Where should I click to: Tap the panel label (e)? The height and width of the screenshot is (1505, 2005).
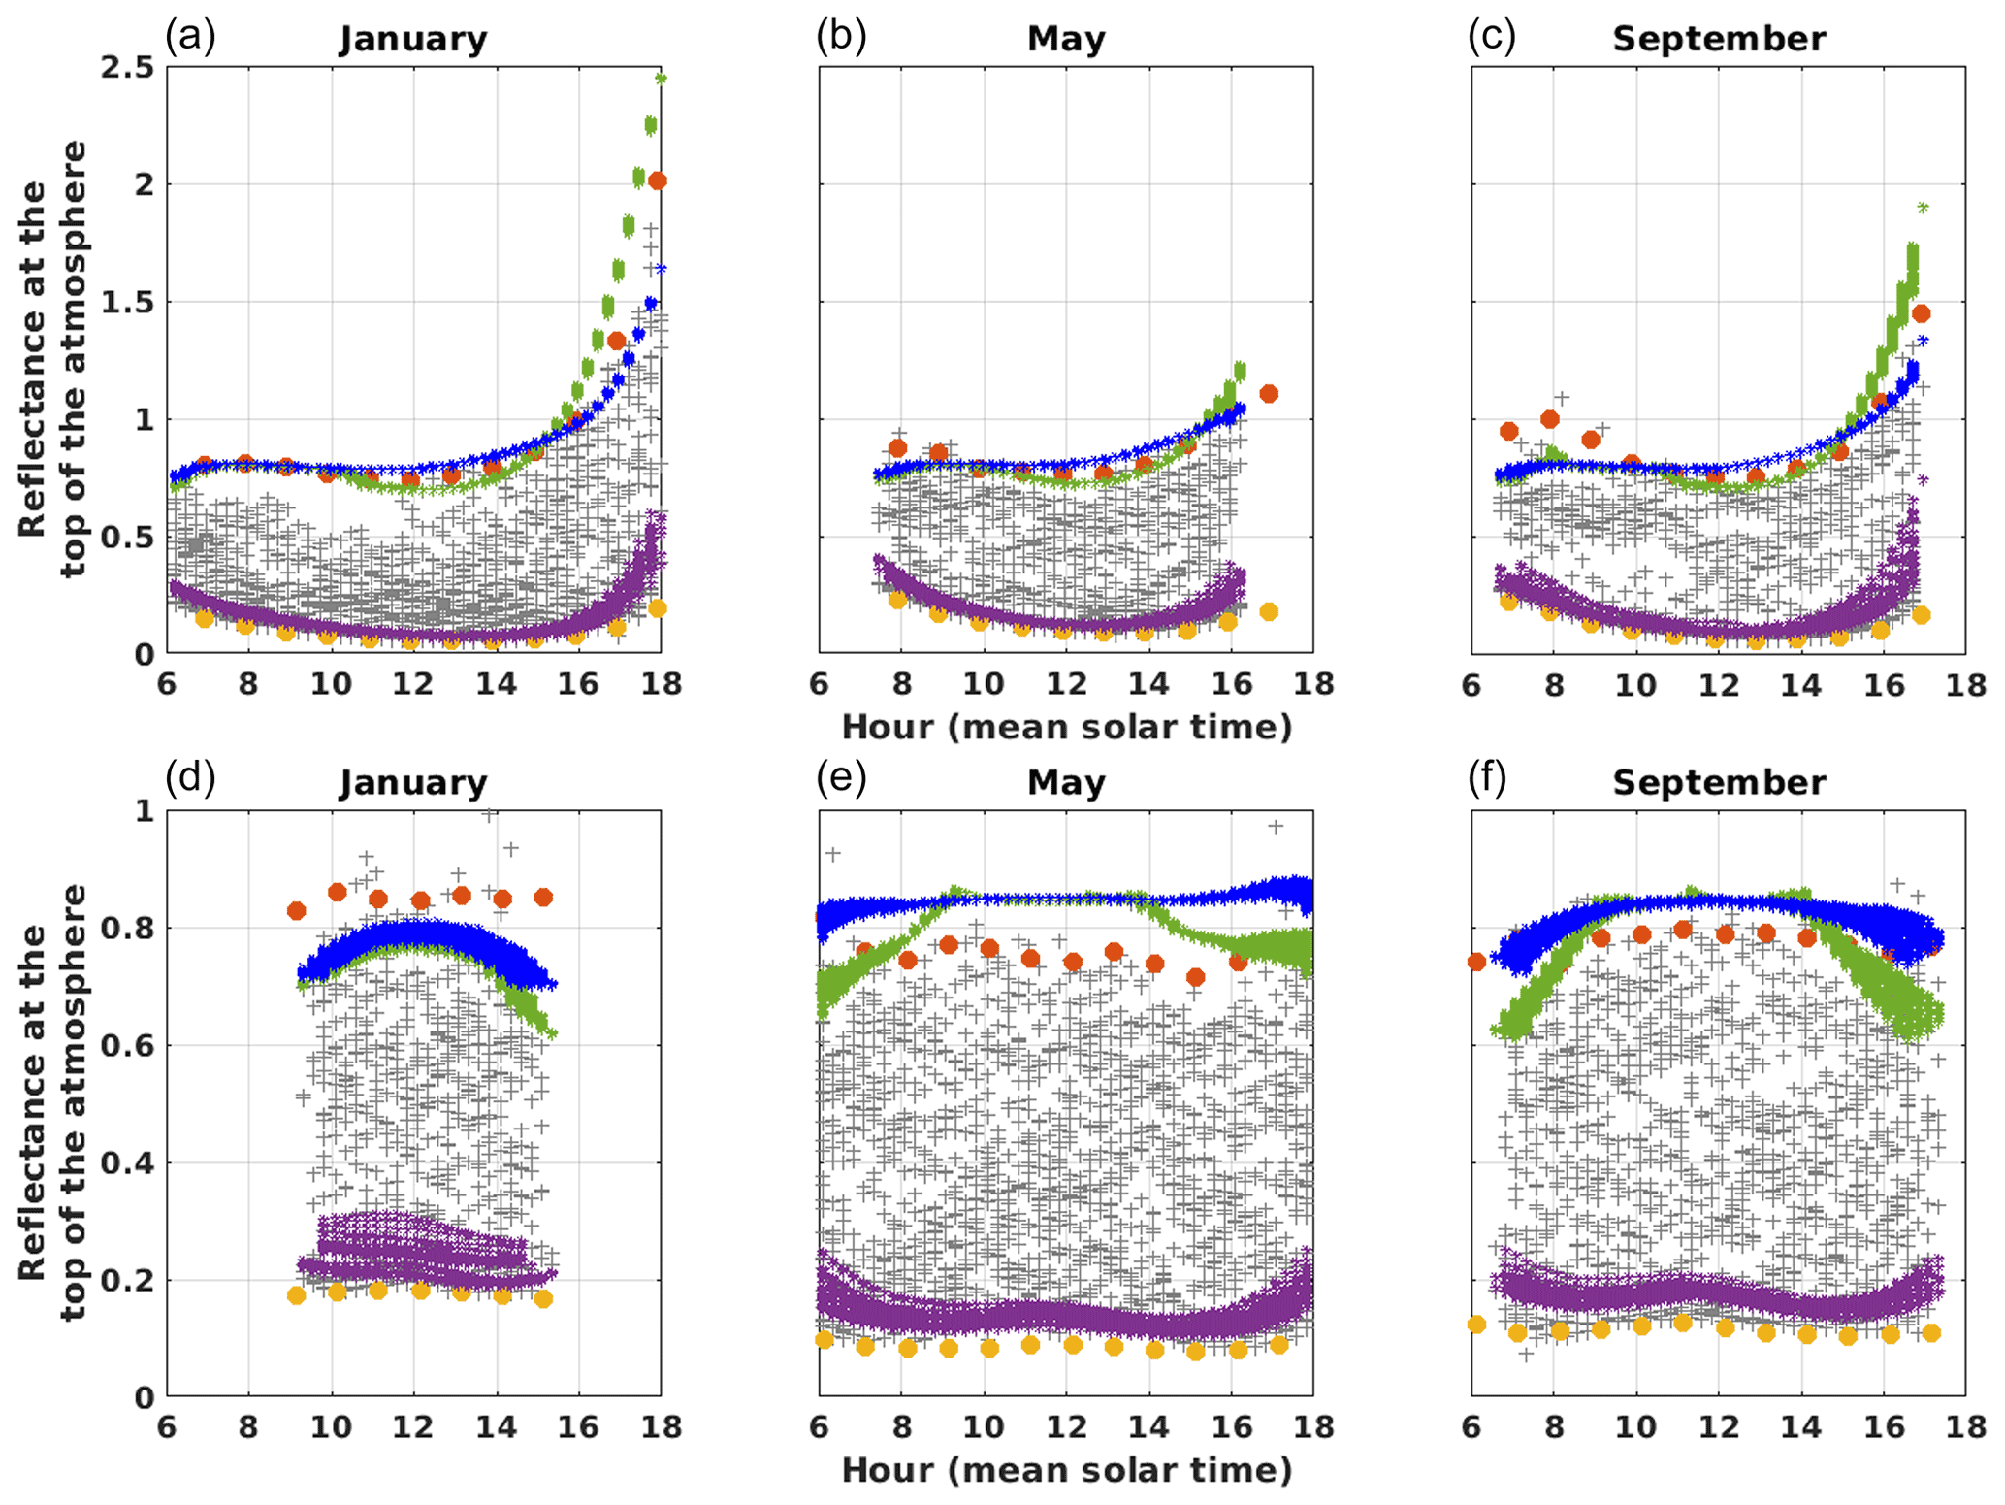841,778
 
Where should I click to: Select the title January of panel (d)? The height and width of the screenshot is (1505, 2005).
412,782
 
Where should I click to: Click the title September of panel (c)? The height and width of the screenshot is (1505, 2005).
1719,39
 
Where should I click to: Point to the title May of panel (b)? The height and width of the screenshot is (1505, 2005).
1066,39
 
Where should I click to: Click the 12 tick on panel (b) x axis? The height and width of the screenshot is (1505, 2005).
1066,684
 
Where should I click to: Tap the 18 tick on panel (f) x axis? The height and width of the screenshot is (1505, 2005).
1966,1427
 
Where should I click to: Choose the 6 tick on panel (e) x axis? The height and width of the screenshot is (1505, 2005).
820,1427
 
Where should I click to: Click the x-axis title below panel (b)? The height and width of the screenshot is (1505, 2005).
1066,727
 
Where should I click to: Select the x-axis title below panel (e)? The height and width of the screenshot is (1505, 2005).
1066,1470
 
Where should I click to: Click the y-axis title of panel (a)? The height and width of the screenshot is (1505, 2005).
52,359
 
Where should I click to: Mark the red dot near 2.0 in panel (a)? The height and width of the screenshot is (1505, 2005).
658,180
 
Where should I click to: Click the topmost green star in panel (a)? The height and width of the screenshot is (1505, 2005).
661,79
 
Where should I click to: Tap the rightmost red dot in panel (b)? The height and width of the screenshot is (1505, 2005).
1268,393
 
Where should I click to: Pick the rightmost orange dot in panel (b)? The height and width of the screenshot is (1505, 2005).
1268,611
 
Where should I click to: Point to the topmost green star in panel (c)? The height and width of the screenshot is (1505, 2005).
1923,208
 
